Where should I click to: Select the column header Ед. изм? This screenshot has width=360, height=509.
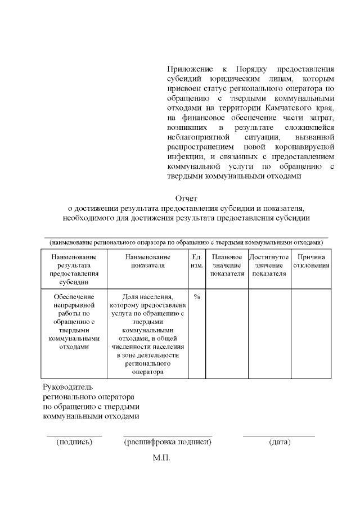coord(197,261)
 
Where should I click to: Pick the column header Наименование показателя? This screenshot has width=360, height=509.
coord(148,261)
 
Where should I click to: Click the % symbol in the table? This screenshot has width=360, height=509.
coord(197,296)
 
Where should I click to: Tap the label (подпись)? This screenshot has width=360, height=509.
coord(74,442)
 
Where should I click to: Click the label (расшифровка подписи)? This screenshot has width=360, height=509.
coord(168,442)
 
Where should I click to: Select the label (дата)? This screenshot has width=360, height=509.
coord(280,442)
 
